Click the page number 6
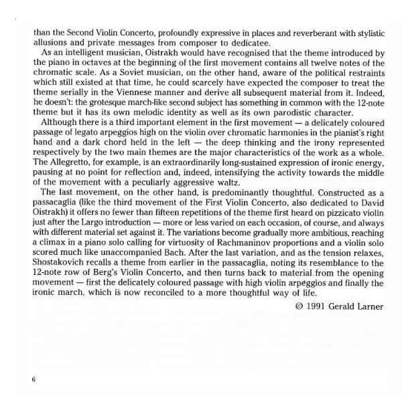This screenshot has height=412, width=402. tap(32, 379)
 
